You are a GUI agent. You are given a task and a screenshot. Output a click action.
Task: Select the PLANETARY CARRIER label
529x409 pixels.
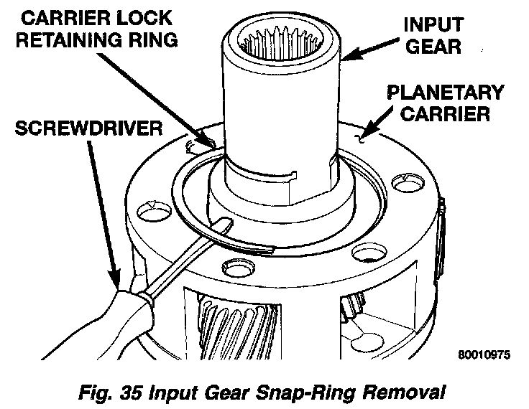[443, 103]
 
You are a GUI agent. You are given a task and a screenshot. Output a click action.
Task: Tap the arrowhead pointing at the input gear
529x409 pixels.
[346, 57]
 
